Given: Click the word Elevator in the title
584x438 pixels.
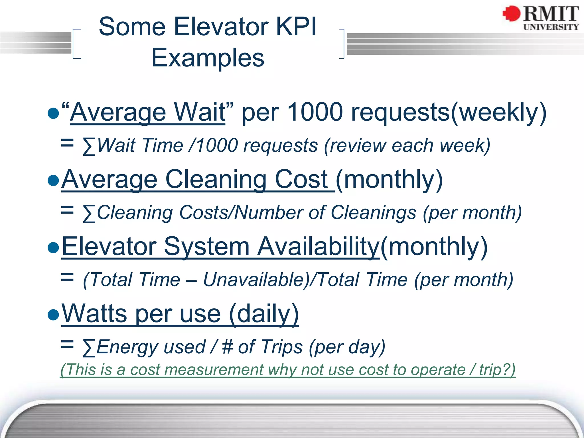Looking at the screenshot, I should tap(221, 27).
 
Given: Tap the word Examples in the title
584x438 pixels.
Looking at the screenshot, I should tap(208, 58).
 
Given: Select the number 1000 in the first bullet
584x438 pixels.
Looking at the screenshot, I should tap(315, 112).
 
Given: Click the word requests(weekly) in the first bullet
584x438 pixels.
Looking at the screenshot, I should tap(449, 112).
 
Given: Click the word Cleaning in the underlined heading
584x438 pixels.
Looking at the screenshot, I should tap(216, 179).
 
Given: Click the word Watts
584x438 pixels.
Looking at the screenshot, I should tap(94, 314).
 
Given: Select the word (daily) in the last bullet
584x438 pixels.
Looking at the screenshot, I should tap(264, 314).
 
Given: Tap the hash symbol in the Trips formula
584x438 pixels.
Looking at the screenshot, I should tap(227, 347).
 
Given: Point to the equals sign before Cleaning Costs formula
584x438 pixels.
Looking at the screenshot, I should tap(67, 211).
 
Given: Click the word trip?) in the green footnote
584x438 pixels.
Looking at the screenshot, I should tap(497, 370).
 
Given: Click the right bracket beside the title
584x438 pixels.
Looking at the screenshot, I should tap(342, 44).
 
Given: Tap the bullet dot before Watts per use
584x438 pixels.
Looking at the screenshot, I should tap(53, 315).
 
